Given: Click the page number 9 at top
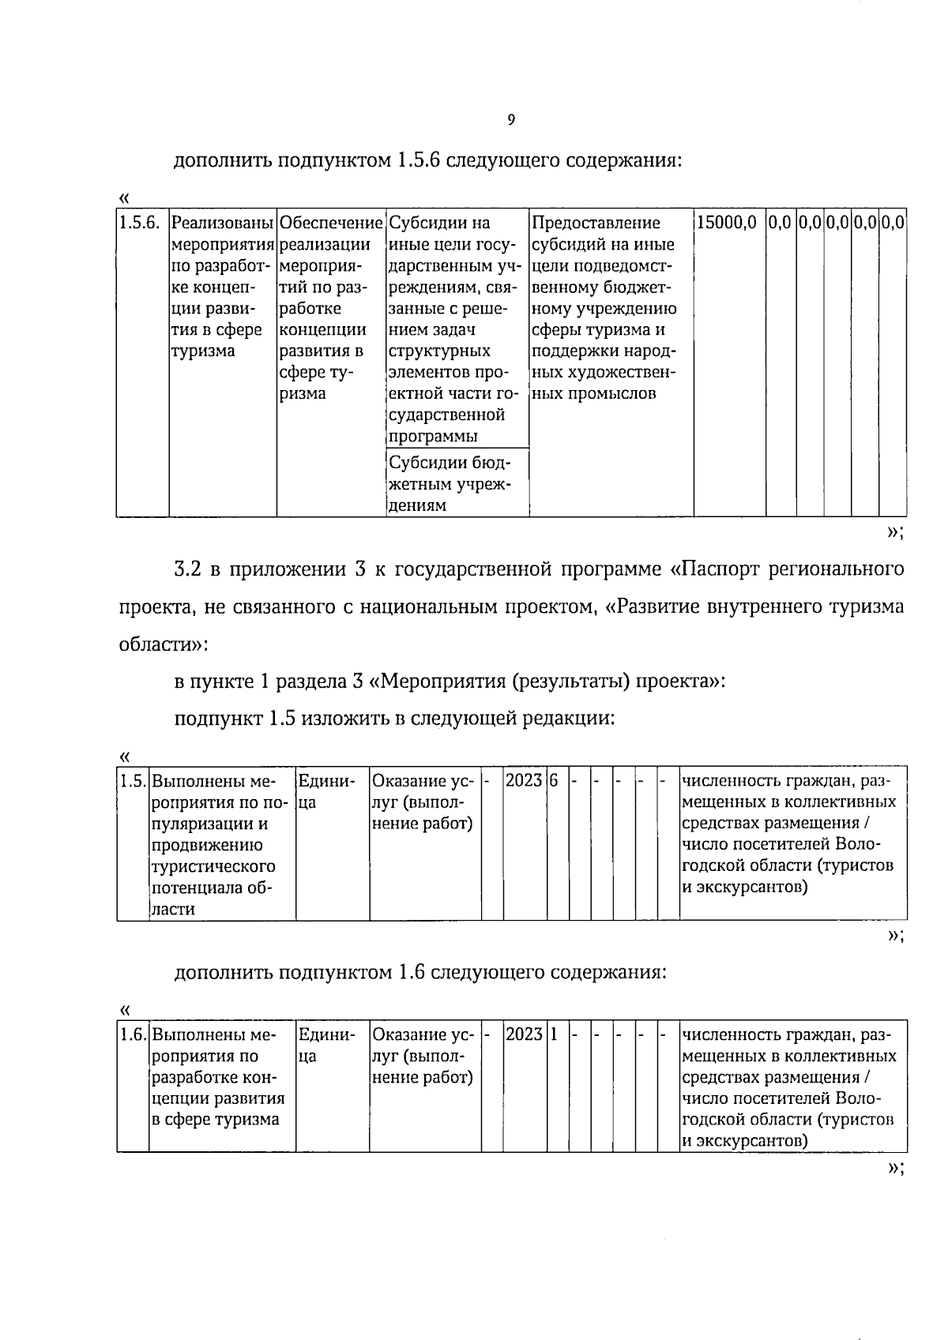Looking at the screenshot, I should coord(510,120).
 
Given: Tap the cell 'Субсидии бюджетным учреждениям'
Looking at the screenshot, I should coord(449,483).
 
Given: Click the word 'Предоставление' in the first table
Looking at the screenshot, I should coord(596,223).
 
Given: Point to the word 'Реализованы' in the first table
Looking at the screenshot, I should coord(223,223).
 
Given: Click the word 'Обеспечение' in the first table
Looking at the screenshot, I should coord(331,223).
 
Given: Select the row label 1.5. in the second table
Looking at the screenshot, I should coord(133,782).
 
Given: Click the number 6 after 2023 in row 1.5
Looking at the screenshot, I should coord(554,781).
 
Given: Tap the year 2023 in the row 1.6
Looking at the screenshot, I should coord(524,1034).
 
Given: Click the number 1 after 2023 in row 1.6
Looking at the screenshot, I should coord(554,1034).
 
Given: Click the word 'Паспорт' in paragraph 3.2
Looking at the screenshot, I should coord(717,569).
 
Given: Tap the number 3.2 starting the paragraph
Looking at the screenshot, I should coord(186,569).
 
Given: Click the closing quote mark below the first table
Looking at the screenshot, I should coord(894,532).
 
